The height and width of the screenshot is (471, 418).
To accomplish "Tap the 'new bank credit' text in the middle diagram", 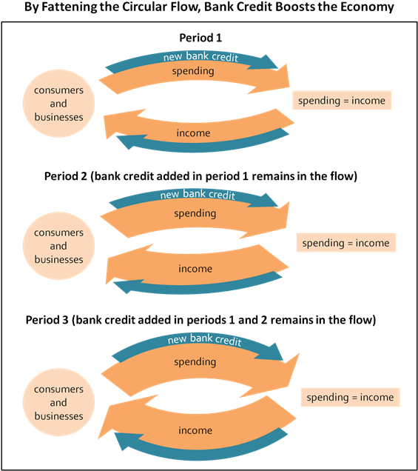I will point(198,195).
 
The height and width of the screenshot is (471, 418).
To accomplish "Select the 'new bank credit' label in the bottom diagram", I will point(205,339).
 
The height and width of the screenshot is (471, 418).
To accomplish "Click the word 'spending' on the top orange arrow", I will point(193,71).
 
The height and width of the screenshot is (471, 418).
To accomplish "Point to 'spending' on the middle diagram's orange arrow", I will point(195,213).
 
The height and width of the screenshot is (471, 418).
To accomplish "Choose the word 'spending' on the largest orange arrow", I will point(195,362).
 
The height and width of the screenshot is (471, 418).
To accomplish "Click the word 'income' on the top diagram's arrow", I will point(193,133).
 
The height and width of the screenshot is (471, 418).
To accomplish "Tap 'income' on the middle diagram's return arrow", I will point(195,268).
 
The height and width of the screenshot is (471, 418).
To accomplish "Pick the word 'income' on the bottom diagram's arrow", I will point(195,430).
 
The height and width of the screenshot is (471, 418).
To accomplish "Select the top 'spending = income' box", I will point(341,100).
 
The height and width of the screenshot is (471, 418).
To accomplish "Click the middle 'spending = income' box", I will point(345,243).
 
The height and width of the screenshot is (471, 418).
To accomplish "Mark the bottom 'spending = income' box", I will point(350,397).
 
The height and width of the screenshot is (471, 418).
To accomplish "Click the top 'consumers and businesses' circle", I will point(58,104).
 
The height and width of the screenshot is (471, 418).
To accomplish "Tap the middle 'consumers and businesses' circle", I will point(58,246).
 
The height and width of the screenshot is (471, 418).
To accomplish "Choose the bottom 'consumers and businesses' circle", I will point(58,403).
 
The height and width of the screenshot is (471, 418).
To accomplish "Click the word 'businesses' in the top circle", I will point(58,117).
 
